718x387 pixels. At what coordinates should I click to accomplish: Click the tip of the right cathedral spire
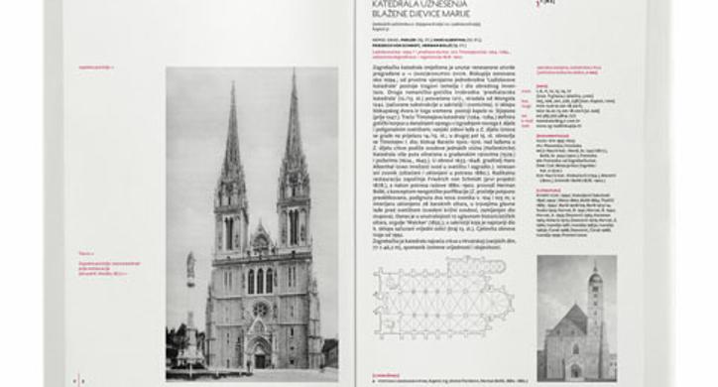(x=294, y=70)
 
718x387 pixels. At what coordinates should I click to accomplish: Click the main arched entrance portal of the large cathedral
(x=260, y=352)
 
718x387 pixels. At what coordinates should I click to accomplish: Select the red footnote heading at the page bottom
(x=388, y=374)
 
